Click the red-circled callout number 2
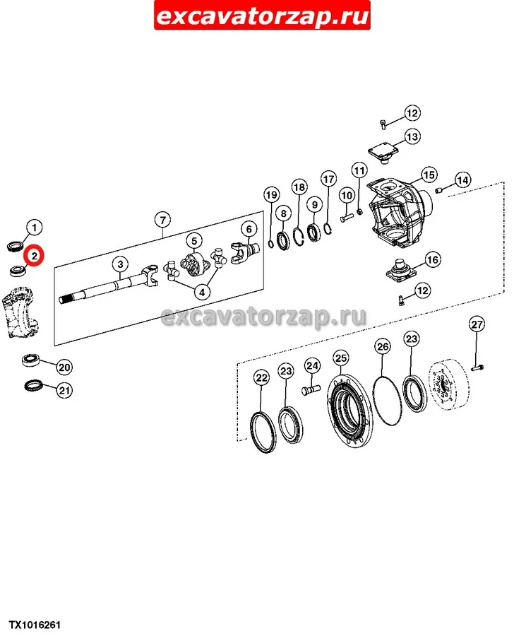34,256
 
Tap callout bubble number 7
162,220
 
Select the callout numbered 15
429,175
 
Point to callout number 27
477,324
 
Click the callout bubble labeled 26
383,346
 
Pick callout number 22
261,378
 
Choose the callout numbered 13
412,136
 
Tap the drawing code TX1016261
35,625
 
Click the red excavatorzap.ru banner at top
262,16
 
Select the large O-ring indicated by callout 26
387,401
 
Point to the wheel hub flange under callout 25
349,411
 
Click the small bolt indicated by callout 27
477,368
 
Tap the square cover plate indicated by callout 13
383,153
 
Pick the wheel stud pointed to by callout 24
311,389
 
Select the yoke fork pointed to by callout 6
245,253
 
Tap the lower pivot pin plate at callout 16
402,270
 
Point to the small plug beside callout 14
438,190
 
